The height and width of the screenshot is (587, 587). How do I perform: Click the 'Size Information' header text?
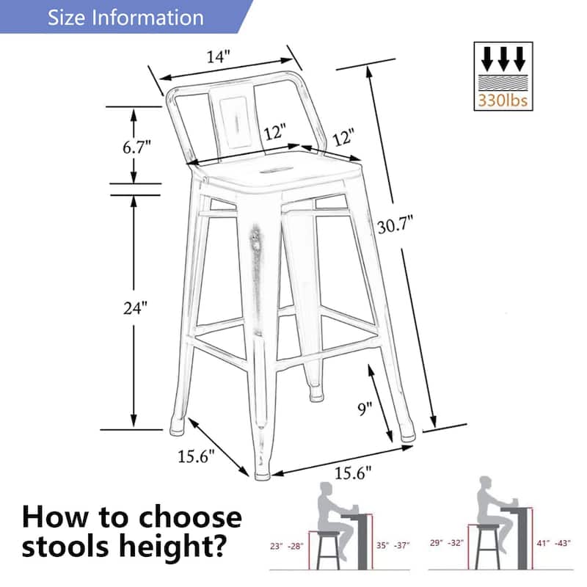point(125,17)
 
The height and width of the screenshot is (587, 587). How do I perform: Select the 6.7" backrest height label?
point(136,145)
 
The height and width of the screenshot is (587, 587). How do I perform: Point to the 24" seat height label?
point(136,308)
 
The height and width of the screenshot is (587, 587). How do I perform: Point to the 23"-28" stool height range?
point(287,545)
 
